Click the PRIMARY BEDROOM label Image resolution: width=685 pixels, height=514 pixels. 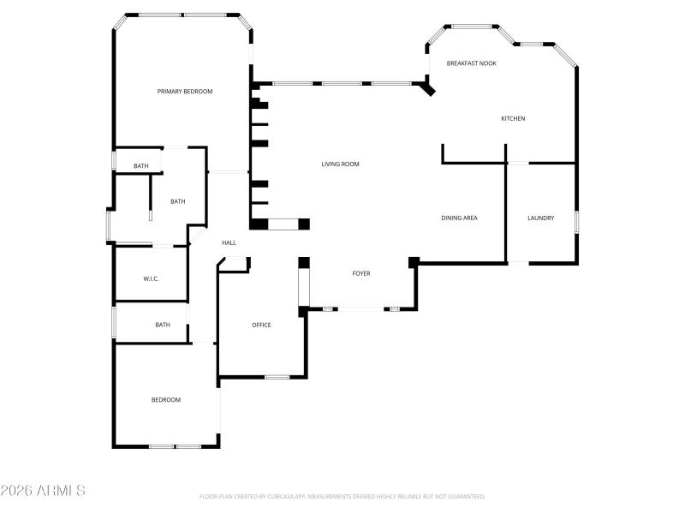184,92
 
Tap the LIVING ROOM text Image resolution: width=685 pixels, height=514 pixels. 340,164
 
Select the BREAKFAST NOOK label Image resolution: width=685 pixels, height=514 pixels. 471,63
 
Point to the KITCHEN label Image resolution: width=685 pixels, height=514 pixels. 513,118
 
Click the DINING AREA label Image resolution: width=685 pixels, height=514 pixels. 459,218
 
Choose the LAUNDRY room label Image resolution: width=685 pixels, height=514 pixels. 540,218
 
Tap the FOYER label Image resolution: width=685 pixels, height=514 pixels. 361,273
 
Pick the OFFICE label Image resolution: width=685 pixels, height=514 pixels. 261,325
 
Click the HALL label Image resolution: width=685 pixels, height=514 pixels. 229,243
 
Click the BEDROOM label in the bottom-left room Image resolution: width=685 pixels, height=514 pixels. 166,400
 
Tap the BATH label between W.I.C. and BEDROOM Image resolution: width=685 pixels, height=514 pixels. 163,325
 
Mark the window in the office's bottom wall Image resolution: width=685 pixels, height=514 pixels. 277,377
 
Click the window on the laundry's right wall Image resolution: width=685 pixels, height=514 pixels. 576,222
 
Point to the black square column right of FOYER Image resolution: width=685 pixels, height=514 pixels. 414,261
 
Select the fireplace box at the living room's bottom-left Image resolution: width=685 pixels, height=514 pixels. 279,224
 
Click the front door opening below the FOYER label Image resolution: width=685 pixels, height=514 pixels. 360,308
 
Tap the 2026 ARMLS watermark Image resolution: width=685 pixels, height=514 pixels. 43,491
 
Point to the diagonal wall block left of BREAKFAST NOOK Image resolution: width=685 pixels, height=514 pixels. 429,87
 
